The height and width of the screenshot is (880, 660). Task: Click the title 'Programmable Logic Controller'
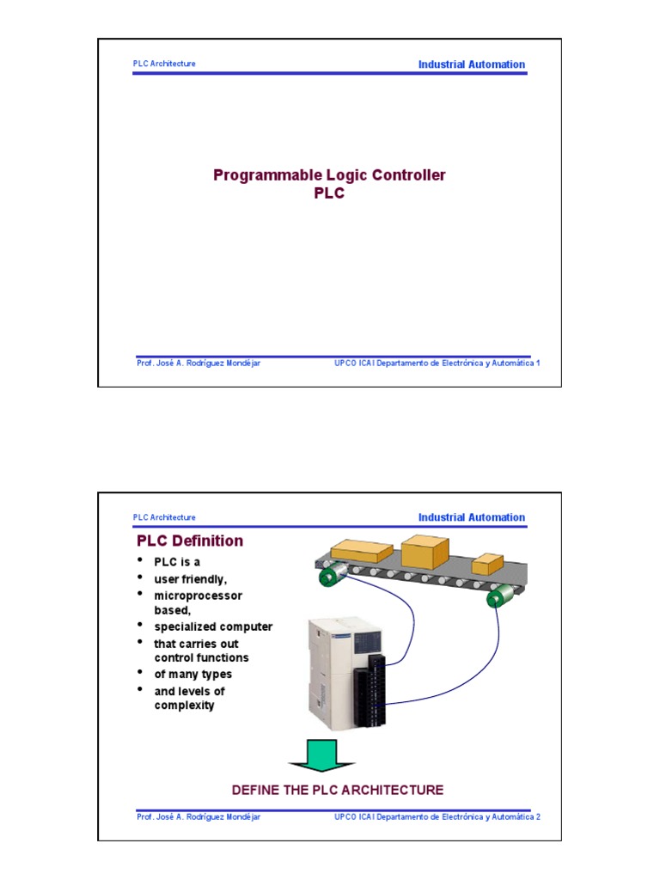[329, 175]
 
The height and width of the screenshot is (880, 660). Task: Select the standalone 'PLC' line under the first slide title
[329, 194]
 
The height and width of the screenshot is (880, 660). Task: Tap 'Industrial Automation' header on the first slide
[471, 64]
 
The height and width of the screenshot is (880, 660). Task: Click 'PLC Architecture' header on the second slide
[164, 517]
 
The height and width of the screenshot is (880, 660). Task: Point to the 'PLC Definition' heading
[190, 541]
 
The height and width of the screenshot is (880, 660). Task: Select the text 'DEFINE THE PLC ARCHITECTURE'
[338, 790]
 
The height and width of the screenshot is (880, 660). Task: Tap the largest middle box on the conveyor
[425, 552]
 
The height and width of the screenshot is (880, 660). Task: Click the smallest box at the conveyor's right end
[487, 564]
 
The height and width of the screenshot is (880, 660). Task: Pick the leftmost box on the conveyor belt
[362, 552]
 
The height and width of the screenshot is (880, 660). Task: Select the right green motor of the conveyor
[498, 597]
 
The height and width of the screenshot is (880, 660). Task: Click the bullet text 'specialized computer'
[213, 626]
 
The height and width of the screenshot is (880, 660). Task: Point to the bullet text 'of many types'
[193, 675]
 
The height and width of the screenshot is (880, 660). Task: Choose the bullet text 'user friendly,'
[191, 579]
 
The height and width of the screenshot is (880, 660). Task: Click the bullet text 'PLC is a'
[177, 562]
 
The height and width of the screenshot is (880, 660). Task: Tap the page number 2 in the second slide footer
[538, 816]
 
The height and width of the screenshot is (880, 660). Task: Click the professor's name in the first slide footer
[199, 363]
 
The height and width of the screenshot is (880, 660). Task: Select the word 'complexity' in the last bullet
[184, 706]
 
